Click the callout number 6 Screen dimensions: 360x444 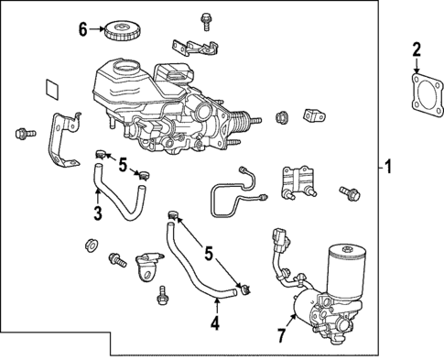82,29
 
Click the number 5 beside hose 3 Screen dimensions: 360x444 121,164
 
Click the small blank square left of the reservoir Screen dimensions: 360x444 52,90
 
